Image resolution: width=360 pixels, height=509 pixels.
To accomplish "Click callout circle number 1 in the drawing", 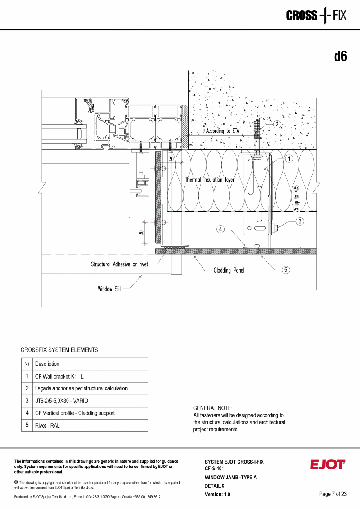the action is point(289,159).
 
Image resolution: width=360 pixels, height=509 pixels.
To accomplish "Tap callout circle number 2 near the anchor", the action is point(277,124).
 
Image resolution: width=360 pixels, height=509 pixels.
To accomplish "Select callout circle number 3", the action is point(300,221).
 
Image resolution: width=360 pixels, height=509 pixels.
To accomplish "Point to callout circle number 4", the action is point(220,229).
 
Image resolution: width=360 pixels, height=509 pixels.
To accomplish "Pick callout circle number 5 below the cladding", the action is point(286,270).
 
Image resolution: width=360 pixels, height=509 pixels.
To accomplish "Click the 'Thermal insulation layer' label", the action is point(210,180).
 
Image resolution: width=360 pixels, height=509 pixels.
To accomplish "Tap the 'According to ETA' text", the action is point(223,131).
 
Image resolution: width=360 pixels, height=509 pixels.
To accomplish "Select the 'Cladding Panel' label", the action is point(229,270).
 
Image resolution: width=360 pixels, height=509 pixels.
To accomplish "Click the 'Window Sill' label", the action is point(109,289).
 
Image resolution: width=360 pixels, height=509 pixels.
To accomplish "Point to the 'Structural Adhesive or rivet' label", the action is point(119,264).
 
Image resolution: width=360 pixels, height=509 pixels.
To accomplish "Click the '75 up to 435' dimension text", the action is point(296,199).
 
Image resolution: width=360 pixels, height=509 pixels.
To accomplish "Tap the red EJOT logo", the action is point(328,464).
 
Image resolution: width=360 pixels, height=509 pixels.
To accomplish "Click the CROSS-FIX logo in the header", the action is point(317,15).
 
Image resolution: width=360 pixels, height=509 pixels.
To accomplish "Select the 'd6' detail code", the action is point(340,56).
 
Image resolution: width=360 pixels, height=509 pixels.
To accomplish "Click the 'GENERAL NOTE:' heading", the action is point(212,408).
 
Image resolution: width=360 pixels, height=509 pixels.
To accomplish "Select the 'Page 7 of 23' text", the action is point(333,494).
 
